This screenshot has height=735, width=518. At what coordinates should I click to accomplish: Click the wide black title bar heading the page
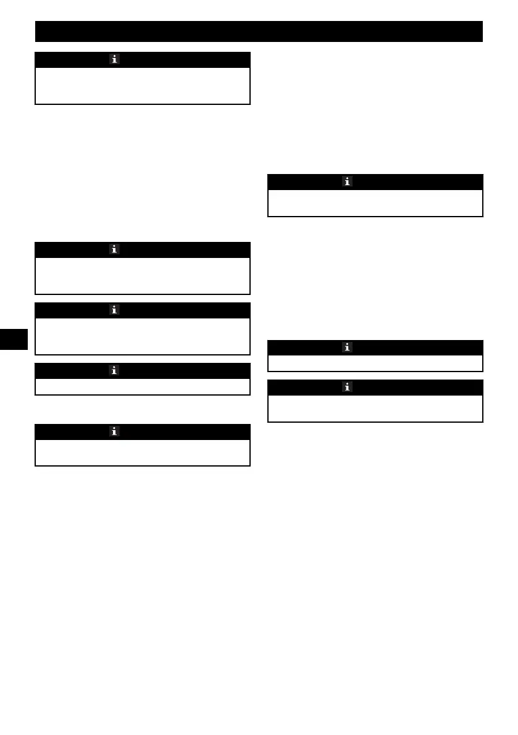[x=259, y=31]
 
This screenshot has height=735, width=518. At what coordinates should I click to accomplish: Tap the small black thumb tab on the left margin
[x=14, y=339]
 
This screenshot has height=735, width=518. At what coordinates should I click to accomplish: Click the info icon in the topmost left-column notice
[x=114, y=59]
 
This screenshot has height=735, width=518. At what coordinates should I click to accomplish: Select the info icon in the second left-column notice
[x=114, y=249]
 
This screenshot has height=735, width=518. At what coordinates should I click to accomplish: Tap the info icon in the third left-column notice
[x=114, y=310]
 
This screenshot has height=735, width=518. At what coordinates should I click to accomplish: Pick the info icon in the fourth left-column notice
[x=114, y=370]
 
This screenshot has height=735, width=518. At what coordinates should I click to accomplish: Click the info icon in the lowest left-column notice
[x=114, y=431]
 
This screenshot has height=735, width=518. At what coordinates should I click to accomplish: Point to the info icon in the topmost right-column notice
[x=347, y=182]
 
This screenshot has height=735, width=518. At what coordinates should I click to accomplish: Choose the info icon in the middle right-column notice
[x=347, y=347]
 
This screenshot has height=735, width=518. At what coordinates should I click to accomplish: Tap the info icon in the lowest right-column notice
[x=347, y=387]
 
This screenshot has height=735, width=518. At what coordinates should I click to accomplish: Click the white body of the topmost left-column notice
[x=143, y=86]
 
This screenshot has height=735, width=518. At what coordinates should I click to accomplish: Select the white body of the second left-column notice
[x=143, y=275]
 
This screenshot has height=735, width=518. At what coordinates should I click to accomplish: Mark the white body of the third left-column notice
[x=143, y=336]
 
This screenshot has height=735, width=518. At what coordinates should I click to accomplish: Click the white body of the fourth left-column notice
[x=143, y=386]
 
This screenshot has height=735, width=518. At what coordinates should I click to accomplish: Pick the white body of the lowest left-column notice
[x=143, y=452]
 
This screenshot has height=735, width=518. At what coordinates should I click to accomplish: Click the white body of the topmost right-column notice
[x=375, y=203]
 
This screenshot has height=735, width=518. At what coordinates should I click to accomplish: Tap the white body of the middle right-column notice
[x=375, y=363]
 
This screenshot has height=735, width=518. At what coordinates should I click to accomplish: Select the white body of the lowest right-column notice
[x=375, y=408]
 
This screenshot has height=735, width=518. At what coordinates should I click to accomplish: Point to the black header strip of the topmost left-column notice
[x=185, y=59]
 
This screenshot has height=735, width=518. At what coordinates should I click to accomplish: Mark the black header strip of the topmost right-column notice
[x=420, y=182]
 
